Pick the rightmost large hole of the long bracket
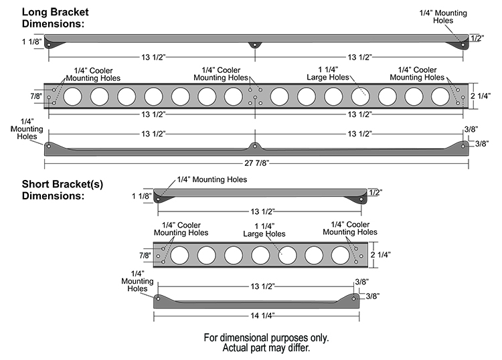tap(440, 97)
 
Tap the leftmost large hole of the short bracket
tap(180, 255)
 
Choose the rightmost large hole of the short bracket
tap(341, 255)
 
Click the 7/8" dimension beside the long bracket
tap(36, 97)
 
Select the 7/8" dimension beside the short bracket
tap(145, 255)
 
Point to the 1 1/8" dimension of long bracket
tap(31, 42)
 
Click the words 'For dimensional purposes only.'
tap(266, 337)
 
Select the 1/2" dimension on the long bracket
tap(477, 39)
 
